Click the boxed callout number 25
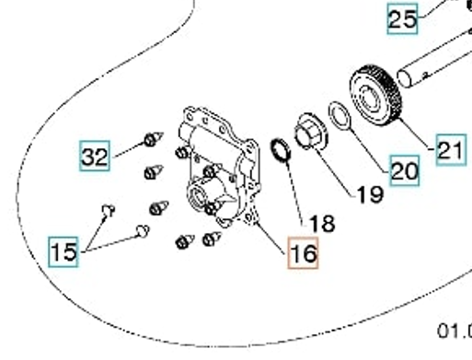[x=402, y=19]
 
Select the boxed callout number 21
[x=451, y=150]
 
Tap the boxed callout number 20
[x=405, y=170]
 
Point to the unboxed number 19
[x=371, y=194]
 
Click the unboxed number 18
[x=322, y=223]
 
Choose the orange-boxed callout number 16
[x=303, y=253]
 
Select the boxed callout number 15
[x=63, y=251]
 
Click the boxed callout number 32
[x=95, y=156]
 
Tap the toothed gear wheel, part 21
[x=376, y=95]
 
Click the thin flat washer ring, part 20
[x=339, y=116]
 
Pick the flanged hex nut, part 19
[x=311, y=132]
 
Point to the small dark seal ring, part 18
[x=281, y=149]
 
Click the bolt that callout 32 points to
[x=153, y=139]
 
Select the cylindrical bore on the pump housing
[x=198, y=195]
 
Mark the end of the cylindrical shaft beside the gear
[x=404, y=78]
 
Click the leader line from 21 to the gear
[x=417, y=135]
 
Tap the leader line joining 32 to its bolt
[x=129, y=150]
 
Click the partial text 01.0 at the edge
[x=455, y=331]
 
